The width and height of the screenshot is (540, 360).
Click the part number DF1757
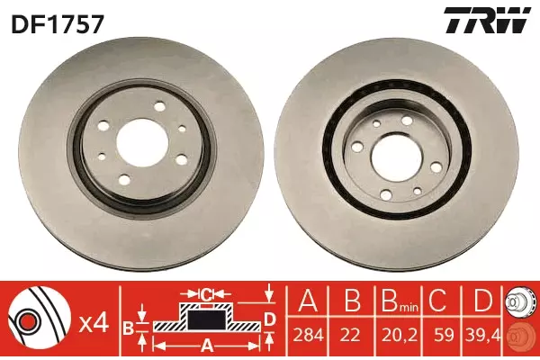(58, 23)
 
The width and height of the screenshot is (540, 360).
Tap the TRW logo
(487, 20)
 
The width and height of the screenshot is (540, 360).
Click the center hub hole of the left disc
(142, 144)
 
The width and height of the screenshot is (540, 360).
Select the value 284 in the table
(308, 335)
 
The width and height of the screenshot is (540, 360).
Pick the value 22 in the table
(352, 335)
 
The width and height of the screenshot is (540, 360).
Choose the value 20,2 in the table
(399, 335)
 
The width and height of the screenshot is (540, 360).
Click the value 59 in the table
(443, 335)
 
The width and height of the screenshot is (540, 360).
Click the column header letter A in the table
(308, 301)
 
